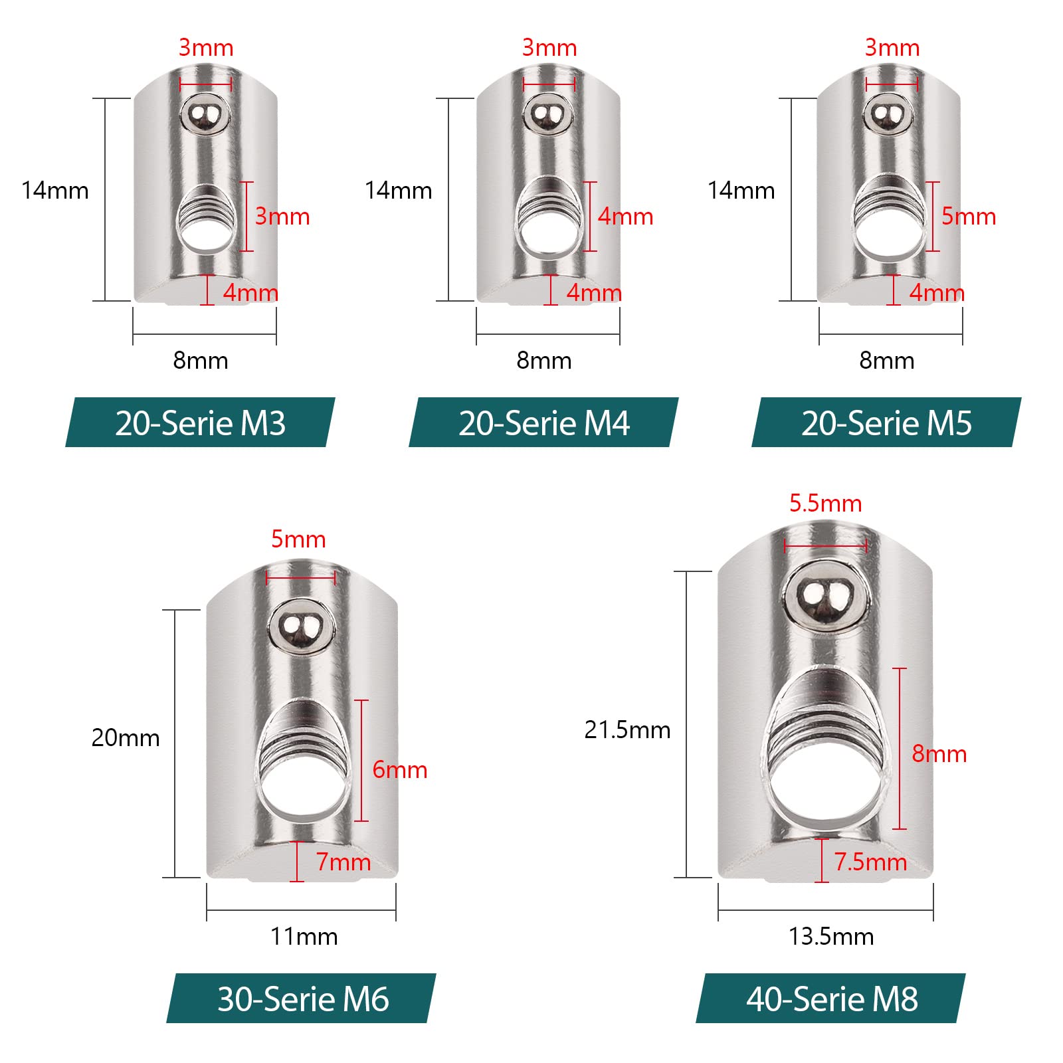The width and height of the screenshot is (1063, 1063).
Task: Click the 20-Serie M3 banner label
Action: point(200,423)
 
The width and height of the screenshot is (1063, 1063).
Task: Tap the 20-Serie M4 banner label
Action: point(543,423)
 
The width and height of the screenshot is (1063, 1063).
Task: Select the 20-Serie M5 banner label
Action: point(886,423)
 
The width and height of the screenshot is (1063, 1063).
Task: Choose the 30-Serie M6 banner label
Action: point(302,999)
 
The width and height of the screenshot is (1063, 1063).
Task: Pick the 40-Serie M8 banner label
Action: point(831,999)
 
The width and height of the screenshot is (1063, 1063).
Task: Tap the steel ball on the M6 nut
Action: point(300,627)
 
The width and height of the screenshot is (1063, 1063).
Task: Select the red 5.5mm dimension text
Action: point(825,504)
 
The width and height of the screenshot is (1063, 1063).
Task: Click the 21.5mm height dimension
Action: point(627,730)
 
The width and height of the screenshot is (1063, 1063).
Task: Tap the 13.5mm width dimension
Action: point(830,937)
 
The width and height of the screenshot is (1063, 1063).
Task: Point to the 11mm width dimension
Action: point(304,937)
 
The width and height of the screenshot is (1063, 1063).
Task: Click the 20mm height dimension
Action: point(126,738)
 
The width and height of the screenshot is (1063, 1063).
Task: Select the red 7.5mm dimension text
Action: point(870,862)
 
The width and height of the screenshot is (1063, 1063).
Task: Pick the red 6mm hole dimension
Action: point(399,770)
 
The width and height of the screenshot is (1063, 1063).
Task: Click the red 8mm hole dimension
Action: point(939,754)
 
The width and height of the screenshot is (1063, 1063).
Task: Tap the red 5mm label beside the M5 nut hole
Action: point(968,217)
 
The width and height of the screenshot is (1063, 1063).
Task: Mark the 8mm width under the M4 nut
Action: point(543,361)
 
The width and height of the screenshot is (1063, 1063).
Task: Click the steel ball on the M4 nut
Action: point(548,114)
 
